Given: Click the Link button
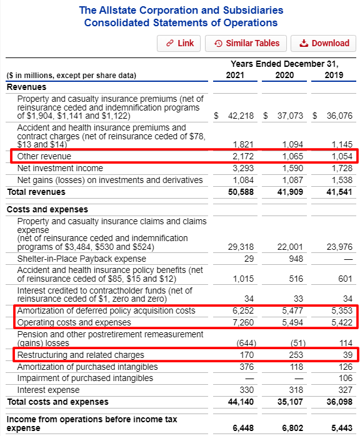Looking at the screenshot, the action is pyautogui.click(x=179, y=43).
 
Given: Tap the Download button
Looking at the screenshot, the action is pyautogui.click(x=324, y=43).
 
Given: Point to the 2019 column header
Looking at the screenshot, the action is pyautogui.click(x=334, y=76).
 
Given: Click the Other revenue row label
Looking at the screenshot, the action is pyautogui.click(x=44, y=156).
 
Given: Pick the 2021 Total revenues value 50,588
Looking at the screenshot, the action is pyautogui.click(x=238, y=192).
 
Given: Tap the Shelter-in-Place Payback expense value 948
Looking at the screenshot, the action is pyautogui.click(x=295, y=258).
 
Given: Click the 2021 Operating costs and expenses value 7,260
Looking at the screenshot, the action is pyautogui.click(x=241, y=322).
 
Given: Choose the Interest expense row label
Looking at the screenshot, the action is pyautogui.click(x=48, y=390).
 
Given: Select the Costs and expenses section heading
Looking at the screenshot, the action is pyautogui.click(x=40, y=209).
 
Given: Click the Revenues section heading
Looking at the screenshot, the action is pyautogui.click(x=26, y=87).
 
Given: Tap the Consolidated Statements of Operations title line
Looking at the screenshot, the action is pyautogui.click(x=181, y=23).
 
